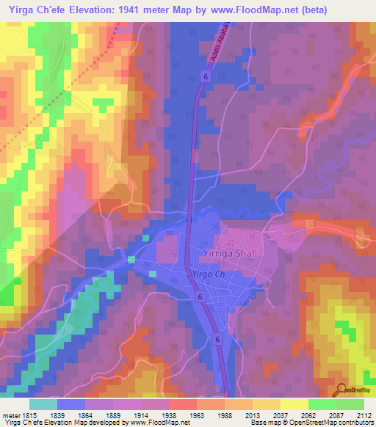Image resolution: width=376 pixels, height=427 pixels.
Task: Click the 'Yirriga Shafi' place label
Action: tap(228, 253)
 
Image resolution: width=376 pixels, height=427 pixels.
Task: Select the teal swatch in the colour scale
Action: tap(43, 404)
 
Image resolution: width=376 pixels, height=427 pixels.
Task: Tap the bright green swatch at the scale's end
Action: tap(350, 404)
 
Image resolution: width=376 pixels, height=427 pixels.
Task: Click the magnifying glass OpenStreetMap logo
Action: tap(341, 389)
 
